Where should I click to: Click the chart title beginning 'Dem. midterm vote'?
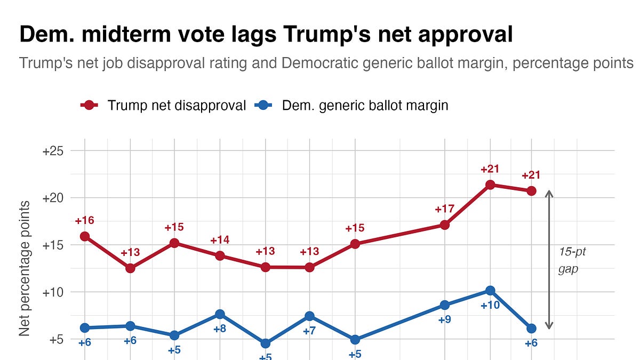(266, 35)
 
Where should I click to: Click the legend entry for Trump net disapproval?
(163, 105)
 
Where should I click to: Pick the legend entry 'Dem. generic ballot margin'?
(352, 105)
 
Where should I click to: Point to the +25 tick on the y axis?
(53, 151)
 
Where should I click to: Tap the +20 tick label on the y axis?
(53, 198)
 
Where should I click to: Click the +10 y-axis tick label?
(53, 292)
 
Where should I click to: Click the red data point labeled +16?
(84, 236)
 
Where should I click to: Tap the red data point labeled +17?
(444, 225)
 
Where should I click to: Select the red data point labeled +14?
(220, 255)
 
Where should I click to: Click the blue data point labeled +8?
(220, 314)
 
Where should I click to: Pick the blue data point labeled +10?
(490, 291)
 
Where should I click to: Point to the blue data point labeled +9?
(444, 305)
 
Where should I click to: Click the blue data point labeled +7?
(309, 316)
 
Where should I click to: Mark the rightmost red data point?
(531, 191)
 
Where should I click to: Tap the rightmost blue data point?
(531, 329)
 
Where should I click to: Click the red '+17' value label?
(444, 209)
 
